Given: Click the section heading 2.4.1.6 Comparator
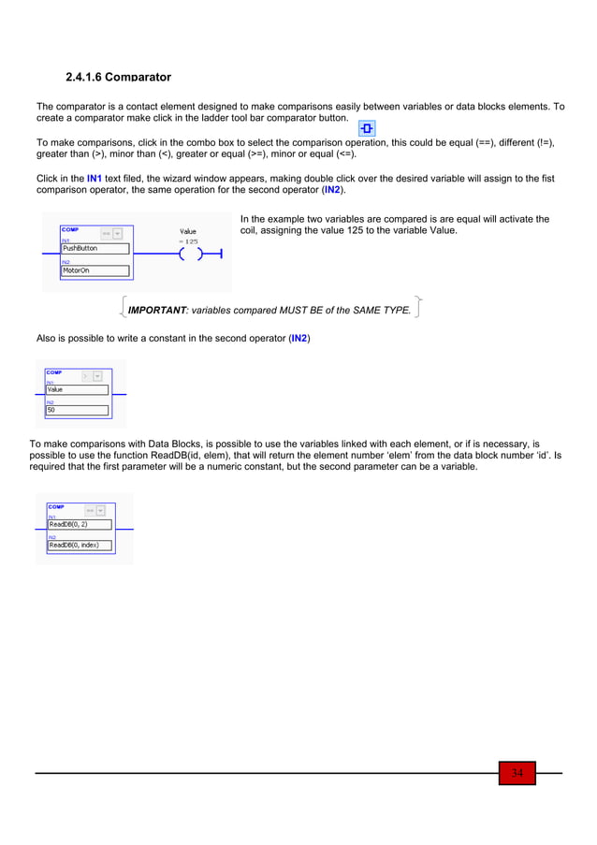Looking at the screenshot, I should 118,76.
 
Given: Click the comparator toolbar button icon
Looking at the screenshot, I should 368,128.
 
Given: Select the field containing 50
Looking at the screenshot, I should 77,410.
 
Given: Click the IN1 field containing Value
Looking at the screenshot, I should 77,390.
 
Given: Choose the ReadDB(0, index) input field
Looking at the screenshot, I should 80,545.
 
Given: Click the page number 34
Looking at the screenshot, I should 517,773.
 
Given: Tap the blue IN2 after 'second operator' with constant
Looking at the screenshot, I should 298,338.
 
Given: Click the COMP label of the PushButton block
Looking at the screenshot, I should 70,229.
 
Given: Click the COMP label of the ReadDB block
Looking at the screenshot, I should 57,506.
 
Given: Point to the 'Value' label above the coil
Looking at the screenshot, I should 188,231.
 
